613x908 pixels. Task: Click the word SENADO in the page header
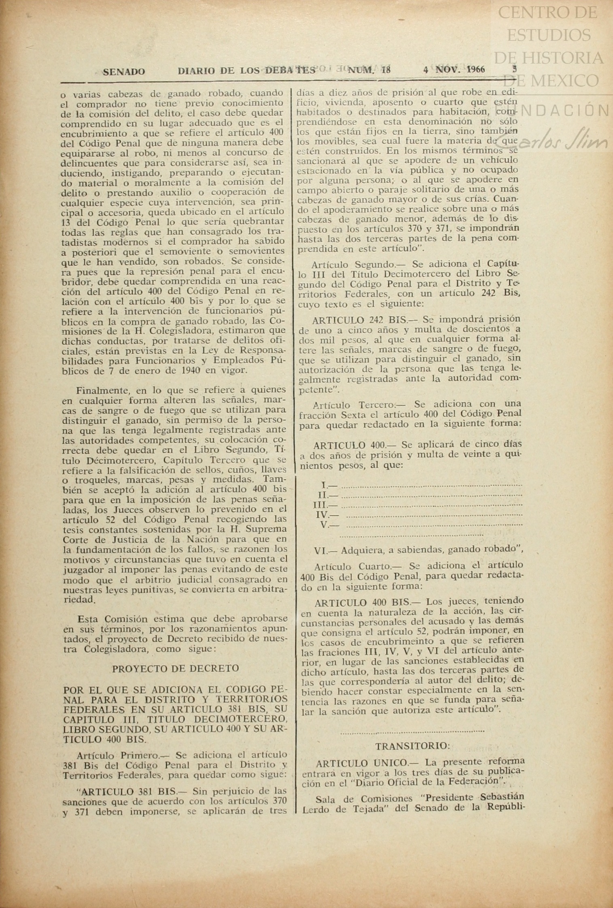tap(123, 72)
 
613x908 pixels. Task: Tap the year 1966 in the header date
tap(475, 69)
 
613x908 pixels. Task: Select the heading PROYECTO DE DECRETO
tap(175, 669)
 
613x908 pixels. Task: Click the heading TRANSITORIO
tap(412, 746)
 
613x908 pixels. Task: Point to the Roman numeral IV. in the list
tap(322, 515)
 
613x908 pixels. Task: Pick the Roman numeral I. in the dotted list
tap(324, 485)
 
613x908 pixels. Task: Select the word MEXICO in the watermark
tap(564, 80)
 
